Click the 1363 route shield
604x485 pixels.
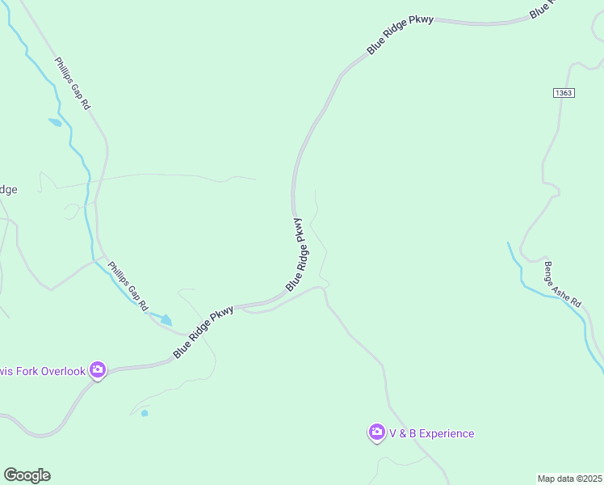tap(564, 93)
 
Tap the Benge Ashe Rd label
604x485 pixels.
tap(562, 284)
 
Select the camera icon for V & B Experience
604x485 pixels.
tap(376, 433)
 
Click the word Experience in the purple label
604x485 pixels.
tap(447, 434)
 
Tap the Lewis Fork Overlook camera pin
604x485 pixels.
tap(98, 370)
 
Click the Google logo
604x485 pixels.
tap(27, 475)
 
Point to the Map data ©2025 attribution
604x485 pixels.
tap(570, 478)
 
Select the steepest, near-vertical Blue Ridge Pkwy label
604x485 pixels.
tap(298, 255)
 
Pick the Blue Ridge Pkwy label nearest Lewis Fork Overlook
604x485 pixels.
tap(203, 331)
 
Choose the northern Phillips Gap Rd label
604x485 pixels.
tap(73, 84)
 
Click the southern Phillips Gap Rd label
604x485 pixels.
tap(128, 285)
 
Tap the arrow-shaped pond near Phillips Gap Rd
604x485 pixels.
tap(166, 320)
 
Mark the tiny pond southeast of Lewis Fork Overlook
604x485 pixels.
tap(145, 413)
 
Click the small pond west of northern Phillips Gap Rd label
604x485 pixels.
tap(55, 123)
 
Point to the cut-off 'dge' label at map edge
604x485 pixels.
tap(8, 190)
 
